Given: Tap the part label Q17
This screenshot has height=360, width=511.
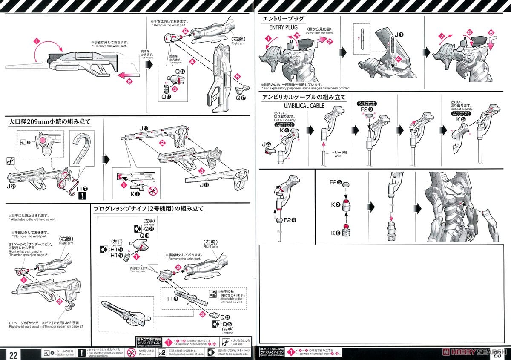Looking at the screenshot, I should click(x=241, y=98).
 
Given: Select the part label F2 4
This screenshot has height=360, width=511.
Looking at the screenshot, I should click(x=291, y=220).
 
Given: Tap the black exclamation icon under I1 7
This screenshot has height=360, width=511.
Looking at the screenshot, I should click(x=81, y=195).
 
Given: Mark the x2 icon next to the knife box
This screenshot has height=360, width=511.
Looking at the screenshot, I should click(x=212, y=294).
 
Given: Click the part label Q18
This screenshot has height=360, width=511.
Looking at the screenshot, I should click(x=181, y=71).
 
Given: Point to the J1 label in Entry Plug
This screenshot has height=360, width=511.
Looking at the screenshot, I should click(x=399, y=35).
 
